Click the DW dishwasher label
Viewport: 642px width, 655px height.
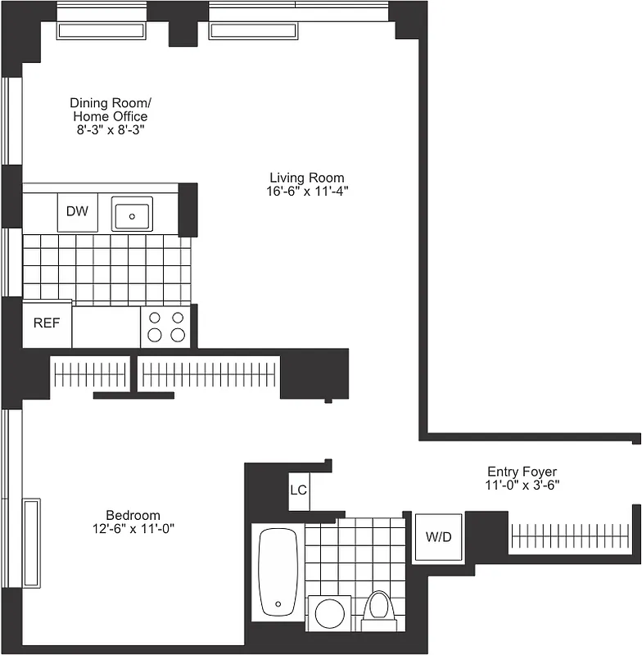coord(77,211)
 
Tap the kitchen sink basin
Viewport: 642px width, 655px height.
coord(131,215)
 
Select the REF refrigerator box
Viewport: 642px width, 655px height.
coord(47,323)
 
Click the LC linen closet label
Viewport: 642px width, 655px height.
coord(298,491)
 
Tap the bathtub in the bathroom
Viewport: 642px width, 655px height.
coord(278,572)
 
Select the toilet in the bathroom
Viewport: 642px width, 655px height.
coord(378,607)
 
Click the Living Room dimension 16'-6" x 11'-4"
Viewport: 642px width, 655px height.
coord(307,191)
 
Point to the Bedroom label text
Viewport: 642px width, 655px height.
coord(133,515)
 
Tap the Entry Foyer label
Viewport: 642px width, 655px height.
coord(522,472)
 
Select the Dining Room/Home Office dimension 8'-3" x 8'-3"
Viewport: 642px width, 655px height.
coord(111,129)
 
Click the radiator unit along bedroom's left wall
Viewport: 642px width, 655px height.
coord(31,542)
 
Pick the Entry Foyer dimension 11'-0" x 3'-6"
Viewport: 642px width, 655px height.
coord(522,485)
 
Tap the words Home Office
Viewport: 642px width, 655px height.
coord(111,116)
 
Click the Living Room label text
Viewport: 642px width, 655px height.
coord(307,178)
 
